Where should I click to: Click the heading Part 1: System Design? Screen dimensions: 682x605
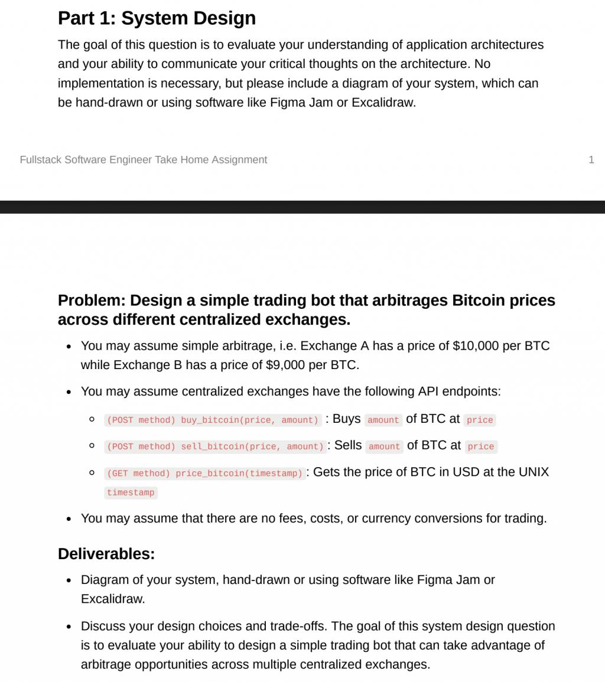pyautogui.click(x=157, y=18)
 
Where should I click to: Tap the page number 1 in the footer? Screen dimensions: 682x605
pyautogui.click(x=591, y=159)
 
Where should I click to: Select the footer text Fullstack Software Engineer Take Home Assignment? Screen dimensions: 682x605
pyautogui.click(x=144, y=159)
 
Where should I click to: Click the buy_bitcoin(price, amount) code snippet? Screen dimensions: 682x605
pyautogui.click(x=213, y=420)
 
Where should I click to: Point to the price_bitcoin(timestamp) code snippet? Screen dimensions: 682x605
pyautogui.click(x=205, y=474)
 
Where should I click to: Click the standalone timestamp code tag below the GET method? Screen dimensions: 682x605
pyautogui.click(x=131, y=492)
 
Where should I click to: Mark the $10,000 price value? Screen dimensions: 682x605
pyautogui.click(x=476, y=345)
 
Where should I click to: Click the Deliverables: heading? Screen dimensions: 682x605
pyautogui.click(x=106, y=554)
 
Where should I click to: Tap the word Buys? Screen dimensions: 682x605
pyautogui.click(x=346, y=419)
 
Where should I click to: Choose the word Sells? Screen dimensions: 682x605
pyautogui.click(x=348, y=445)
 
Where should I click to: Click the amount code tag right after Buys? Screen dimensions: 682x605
pyautogui.click(x=383, y=420)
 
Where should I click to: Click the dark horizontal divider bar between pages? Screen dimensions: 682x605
pyautogui.click(x=302, y=207)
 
